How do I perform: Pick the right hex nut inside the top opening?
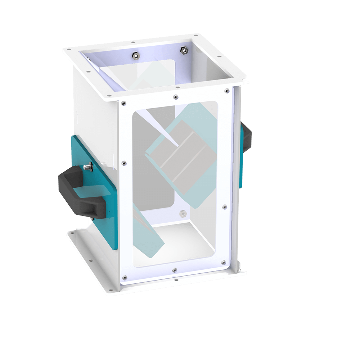point(183,50)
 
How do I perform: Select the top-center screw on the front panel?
point(175,97)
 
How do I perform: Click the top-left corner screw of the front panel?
point(123,103)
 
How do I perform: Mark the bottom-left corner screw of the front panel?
point(124,277)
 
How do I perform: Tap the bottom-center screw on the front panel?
point(174,269)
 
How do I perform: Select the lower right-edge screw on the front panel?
point(225,206)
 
